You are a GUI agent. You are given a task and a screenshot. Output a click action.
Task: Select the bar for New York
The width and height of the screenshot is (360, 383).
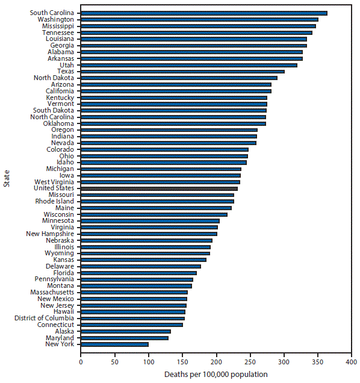[x=114, y=344]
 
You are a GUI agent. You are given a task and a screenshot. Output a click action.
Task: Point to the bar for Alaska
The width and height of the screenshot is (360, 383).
[x=125, y=331]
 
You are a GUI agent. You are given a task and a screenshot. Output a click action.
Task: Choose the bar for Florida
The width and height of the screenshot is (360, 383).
[x=138, y=273]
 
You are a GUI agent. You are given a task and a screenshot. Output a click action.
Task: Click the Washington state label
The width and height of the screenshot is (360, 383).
[x=56, y=19]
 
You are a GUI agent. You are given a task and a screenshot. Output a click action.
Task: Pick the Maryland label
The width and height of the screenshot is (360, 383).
[x=60, y=337]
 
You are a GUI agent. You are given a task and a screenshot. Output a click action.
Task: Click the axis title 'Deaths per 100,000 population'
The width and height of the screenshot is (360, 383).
[x=216, y=375]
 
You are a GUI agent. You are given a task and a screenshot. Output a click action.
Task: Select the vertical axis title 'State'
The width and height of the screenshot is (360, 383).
[x=6, y=179]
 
